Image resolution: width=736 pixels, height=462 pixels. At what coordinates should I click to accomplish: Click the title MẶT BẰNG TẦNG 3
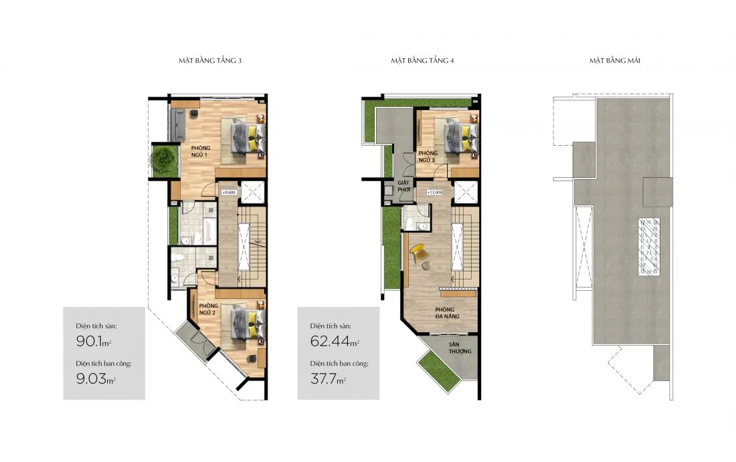click(x=210, y=60)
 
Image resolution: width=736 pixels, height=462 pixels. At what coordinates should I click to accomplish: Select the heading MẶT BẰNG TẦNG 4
click(x=422, y=60)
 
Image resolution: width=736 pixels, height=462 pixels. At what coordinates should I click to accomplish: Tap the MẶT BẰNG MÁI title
click(x=615, y=60)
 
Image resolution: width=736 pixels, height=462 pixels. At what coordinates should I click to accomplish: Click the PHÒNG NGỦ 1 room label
click(x=201, y=152)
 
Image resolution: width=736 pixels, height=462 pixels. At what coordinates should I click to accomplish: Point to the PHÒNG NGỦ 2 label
click(x=208, y=309)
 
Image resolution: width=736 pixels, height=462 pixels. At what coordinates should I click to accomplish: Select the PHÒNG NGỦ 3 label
click(x=428, y=156)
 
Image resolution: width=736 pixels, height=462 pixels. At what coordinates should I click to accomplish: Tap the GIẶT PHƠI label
click(x=403, y=187)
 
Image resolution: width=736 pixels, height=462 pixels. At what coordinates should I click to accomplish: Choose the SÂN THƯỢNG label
click(x=460, y=348)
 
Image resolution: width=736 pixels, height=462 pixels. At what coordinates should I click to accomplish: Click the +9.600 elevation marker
click(x=229, y=193)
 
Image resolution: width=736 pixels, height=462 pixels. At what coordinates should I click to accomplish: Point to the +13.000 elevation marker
click(x=435, y=193)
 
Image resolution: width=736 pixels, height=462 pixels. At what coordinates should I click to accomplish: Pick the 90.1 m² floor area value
click(x=94, y=341)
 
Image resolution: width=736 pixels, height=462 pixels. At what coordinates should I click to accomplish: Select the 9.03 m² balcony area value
click(x=96, y=378)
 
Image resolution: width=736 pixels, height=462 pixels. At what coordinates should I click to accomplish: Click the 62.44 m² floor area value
click(x=335, y=341)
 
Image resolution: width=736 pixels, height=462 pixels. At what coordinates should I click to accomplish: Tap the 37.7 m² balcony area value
click(x=328, y=378)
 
